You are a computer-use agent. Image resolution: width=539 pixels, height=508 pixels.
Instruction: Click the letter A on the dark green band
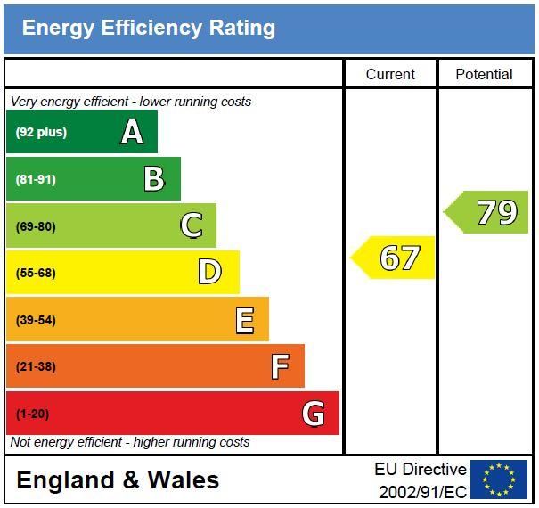point(132,132)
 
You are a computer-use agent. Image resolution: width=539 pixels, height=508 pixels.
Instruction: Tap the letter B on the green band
point(154,179)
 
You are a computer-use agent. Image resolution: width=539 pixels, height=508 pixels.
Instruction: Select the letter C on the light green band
point(191,225)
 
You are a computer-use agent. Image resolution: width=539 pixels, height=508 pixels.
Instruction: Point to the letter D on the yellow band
point(209,272)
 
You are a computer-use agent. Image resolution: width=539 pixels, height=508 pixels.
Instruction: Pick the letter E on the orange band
point(244,319)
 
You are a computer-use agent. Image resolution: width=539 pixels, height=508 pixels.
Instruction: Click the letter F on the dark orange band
point(280,366)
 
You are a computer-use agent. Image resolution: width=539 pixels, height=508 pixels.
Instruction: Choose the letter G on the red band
point(313,413)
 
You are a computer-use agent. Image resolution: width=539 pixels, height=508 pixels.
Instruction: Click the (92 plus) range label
point(41,133)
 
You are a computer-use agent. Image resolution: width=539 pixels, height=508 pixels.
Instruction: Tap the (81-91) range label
point(36,179)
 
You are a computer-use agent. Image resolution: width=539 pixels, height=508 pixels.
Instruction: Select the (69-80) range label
point(36,226)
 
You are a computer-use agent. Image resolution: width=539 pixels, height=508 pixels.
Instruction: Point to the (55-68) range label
point(36,273)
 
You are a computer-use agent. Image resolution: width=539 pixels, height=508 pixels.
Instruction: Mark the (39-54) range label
point(36,320)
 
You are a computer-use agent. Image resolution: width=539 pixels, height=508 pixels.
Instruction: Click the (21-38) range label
point(36,366)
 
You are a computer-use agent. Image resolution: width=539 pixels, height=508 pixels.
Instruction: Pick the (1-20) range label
point(33,414)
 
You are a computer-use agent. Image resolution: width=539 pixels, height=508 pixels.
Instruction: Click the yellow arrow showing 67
point(395,258)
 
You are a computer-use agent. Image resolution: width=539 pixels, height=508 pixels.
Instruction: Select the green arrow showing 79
point(488,212)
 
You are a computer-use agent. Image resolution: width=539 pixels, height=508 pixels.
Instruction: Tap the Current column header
point(390,74)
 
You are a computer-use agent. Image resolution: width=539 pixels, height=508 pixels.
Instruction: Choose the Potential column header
point(484,74)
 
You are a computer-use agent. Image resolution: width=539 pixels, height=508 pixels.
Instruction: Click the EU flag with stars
point(499,479)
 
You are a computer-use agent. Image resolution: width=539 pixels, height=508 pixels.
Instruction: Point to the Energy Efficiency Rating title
point(149,28)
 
